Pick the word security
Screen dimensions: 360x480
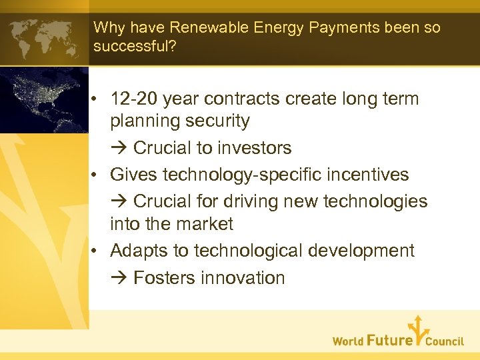tap(219, 121)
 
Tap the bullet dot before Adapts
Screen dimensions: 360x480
tap(97, 251)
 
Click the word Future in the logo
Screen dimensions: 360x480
tap(390, 341)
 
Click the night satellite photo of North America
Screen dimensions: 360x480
tap(44, 100)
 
